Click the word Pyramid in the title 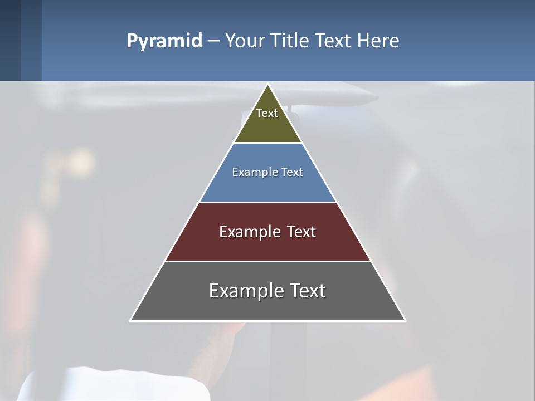point(164,41)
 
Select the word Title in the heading point(291,41)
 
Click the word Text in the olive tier point(267,113)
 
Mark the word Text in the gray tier point(307,291)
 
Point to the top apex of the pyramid point(268,85)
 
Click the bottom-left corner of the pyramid point(131,320)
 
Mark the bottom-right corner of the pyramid point(405,320)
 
